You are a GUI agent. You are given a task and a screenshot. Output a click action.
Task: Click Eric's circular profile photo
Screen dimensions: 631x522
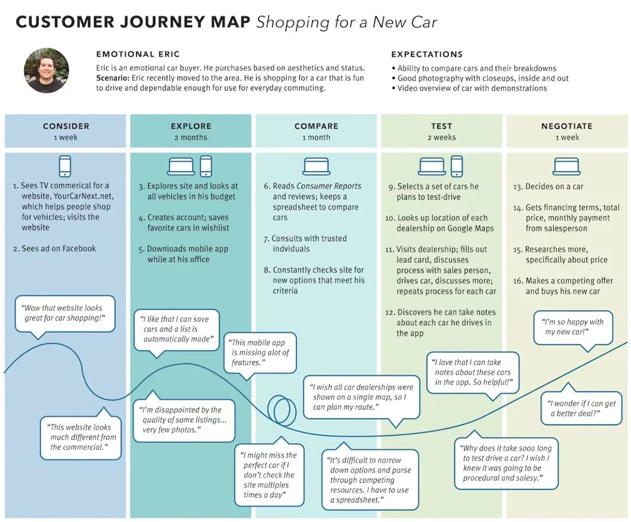click(46, 70)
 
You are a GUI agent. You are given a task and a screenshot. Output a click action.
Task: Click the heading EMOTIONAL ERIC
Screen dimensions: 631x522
click(138, 55)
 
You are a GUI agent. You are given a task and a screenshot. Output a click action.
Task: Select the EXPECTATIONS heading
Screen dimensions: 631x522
click(427, 55)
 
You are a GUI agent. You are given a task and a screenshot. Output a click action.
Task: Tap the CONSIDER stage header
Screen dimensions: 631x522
click(66, 126)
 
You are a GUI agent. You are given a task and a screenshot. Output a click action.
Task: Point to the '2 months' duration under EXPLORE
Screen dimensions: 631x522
click(191, 137)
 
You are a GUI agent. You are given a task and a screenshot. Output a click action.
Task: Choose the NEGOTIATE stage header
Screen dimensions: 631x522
click(567, 126)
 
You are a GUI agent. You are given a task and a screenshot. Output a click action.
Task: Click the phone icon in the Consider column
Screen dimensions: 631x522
click(65, 166)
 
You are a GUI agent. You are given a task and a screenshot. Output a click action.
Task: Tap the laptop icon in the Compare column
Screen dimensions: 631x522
click(316, 166)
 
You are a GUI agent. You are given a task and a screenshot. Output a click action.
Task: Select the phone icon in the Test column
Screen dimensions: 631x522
click(457, 166)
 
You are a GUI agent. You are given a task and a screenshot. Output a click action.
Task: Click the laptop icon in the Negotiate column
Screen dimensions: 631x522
click(567, 166)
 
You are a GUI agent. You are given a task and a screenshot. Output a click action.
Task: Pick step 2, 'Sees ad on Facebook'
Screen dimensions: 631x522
click(55, 249)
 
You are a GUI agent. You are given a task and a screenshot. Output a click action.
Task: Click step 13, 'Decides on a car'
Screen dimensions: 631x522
click(548, 187)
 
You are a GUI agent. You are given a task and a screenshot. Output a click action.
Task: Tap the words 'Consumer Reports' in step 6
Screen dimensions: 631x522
click(328, 186)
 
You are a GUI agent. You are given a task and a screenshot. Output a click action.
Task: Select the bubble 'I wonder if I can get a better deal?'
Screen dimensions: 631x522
click(581, 407)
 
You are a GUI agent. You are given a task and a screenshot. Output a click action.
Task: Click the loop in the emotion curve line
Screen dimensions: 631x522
click(282, 410)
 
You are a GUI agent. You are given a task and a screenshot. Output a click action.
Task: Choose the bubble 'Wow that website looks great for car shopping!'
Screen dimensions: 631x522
click(65, 315)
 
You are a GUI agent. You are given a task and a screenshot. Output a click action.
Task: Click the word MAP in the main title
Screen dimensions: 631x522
click(230, 22)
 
